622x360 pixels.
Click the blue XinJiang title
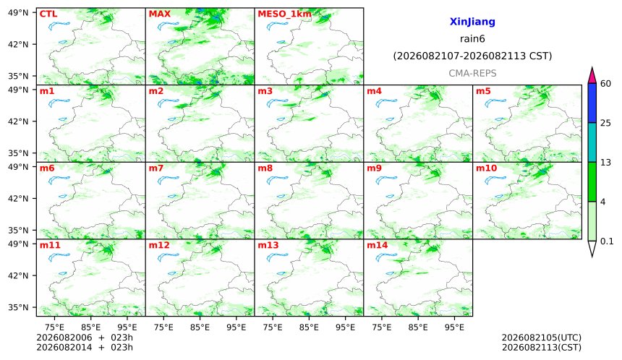click(472, 22)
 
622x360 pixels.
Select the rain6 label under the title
click(472, 39)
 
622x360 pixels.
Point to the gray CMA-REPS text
click(472, 73)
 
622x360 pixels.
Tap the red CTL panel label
click(48, 14)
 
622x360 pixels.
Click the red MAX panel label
click(159, 14)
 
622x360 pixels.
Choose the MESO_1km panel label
click(284, 14)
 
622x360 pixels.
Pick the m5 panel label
click(483, 91)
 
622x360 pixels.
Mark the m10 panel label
click(486, 168)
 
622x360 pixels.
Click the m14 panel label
click(378, 245)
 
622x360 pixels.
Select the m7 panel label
click(156, 168)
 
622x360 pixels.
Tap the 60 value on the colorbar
click(605, 84)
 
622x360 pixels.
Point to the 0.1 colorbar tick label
click(607, 241)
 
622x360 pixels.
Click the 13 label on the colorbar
click(605, 163)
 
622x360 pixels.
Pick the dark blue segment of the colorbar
click(592, 103)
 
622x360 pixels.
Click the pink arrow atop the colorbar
click(592, 75)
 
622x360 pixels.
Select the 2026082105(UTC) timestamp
click(542, 338)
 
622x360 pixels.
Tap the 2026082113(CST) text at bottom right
click(542, 348)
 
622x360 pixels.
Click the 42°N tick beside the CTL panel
click(18, 44)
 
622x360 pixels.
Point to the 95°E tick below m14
click(454, 327)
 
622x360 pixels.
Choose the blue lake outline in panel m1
click(59, 103)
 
